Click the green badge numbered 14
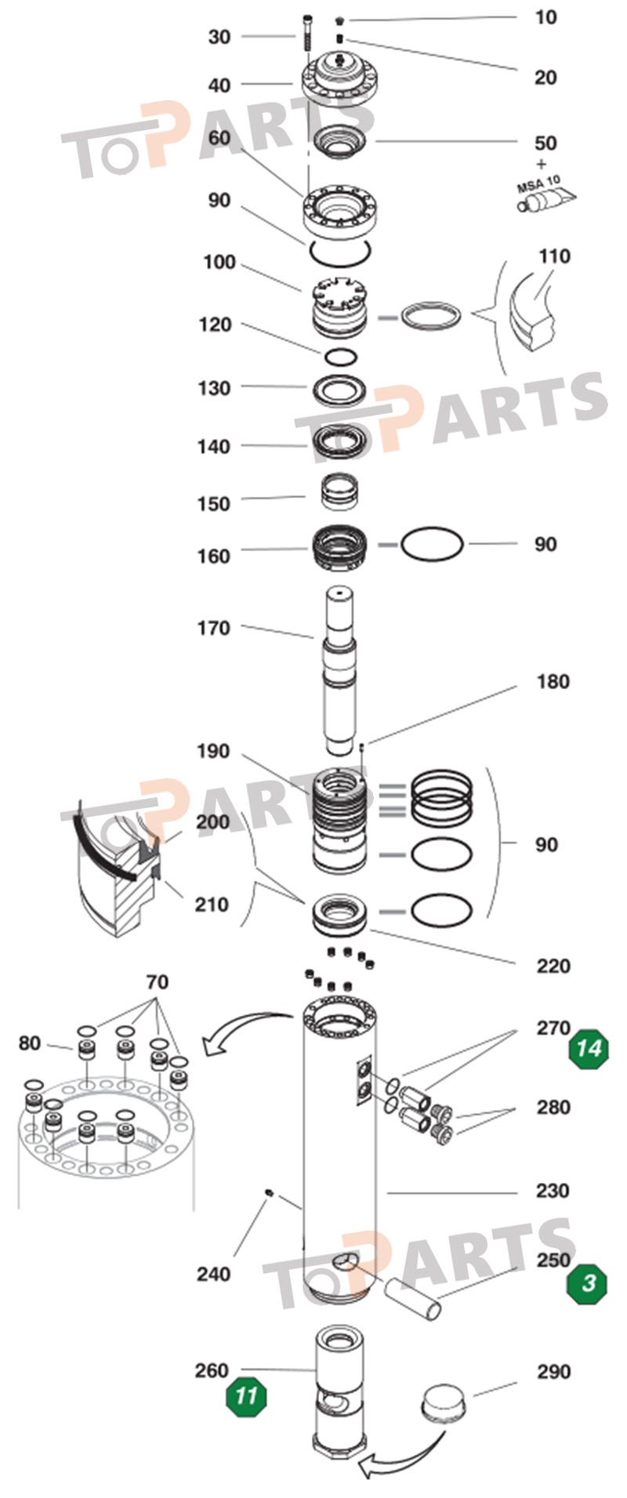pyautogui.click(x=589, y=1047)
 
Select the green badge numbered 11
pyautogui.click(x=246, y=1396)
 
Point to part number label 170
pyautogui.click(x=213, y=628)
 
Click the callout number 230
pyautogui.click(x=552, y=1191)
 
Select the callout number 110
pyautogui.click(x=554, y=256)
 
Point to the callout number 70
pyautogui.click(x=157, y=981)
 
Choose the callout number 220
pyautogui.click(x=553, y=966)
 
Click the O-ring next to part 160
pyautogui.click(x=432, y=544)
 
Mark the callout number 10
pyautogui.click(x=545, y=17)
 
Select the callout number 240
pyautogui.click(x=213, y=1274)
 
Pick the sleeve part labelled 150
pyautogui.click(x=342, y=492)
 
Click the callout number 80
pyautogui.click(x=30, y=1043)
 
